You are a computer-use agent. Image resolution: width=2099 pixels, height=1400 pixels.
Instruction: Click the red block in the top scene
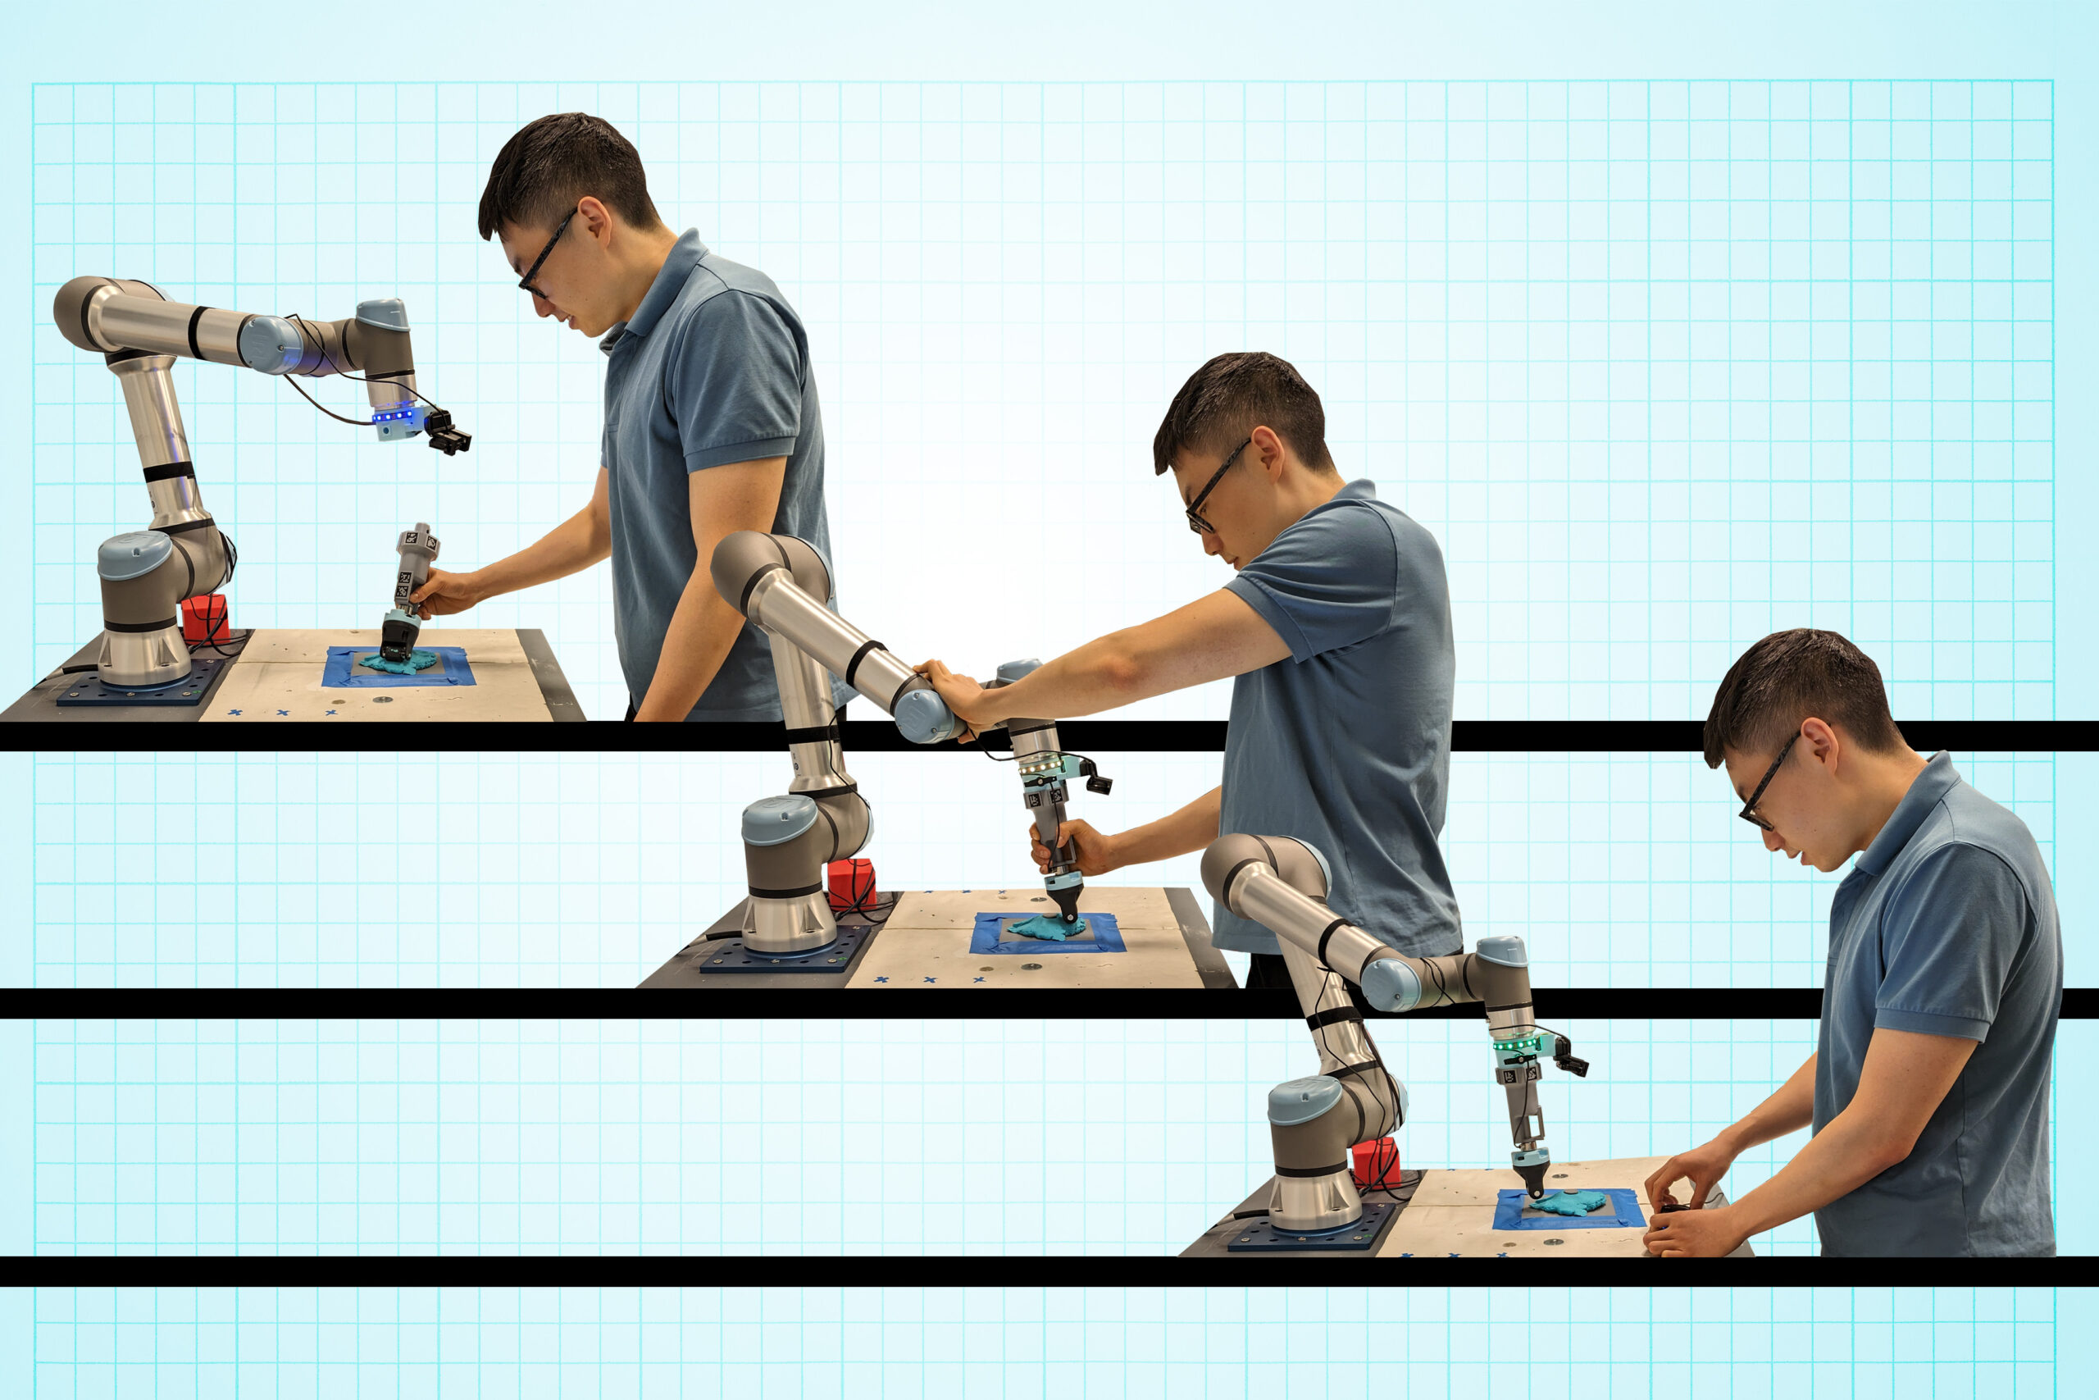(x=205, y=617)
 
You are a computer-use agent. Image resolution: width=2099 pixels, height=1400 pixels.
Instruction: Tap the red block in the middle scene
(x=850, y=882)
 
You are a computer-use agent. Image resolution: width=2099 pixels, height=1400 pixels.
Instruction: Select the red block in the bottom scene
(x=1374, y=1161)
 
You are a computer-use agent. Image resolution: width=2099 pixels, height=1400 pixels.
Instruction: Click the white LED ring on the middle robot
(x=1040, y=765)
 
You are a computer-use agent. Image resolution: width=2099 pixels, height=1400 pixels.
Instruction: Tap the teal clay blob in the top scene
(x=399, y=663)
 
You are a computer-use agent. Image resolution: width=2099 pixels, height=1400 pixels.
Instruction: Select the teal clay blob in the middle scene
(x=1046, y=928)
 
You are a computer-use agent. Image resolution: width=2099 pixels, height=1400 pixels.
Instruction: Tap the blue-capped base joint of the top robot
(x=134, y=556)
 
